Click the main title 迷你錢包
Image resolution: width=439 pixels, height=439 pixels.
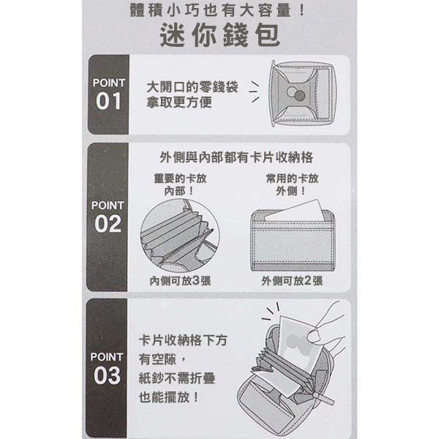pyautogui.click(x=219, y=35)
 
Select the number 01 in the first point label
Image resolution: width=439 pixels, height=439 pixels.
pyautogui.click(x=108, y=101)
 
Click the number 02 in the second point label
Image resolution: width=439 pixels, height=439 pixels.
pyautogui.click(x=108, y=224)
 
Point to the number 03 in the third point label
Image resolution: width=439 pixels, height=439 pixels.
pyautogui.click(x=108, y=375)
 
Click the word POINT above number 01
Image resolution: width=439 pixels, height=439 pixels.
pyautogui.click(x=108, y=83)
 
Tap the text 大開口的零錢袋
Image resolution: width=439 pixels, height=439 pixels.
pyautogui.click(x=192, y=87)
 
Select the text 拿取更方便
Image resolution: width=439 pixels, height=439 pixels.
pyautogui.click(x=179, y=102)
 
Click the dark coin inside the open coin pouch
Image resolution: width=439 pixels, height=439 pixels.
pyautogui.click(x=300, y=96)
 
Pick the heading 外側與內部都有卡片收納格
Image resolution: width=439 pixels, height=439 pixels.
pyautogui.click(x=236, y=157)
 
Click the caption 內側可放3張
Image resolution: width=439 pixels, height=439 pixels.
pyautogui.click(x=180, y=280)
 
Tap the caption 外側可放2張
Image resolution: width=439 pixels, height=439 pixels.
pyautogui.click(x=292, y=280)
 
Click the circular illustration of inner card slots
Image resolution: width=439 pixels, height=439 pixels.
pyautogui.click(x=180, y=236)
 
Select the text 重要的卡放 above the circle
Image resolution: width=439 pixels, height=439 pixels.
pyautogui.click(x=180, y=179)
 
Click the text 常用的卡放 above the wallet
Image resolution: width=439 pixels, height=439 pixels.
pyautogui.click(x=292, y=179)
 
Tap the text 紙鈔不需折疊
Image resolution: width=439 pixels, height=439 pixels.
pyautogui.click(x=177, y=378)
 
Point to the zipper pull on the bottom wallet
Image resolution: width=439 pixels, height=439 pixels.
pyautogui.click(x=325, y=398)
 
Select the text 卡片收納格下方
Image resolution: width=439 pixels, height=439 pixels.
pyautogui.click(x=183, y=341)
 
